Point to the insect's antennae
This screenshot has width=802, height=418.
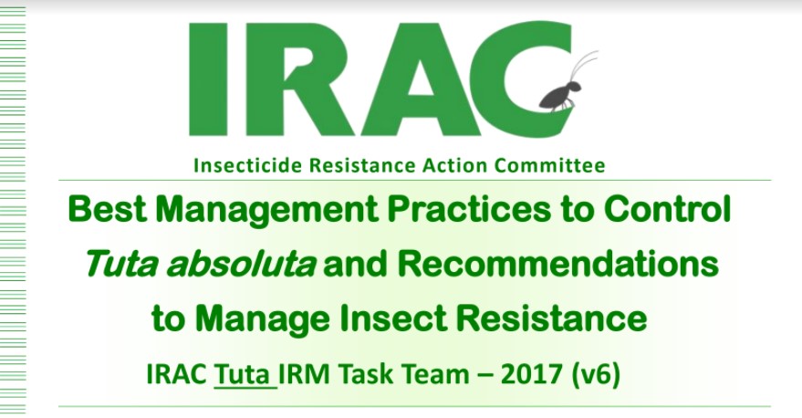[583, 66]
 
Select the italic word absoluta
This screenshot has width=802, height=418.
[240, 264]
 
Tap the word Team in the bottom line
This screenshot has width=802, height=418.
[434, 374]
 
